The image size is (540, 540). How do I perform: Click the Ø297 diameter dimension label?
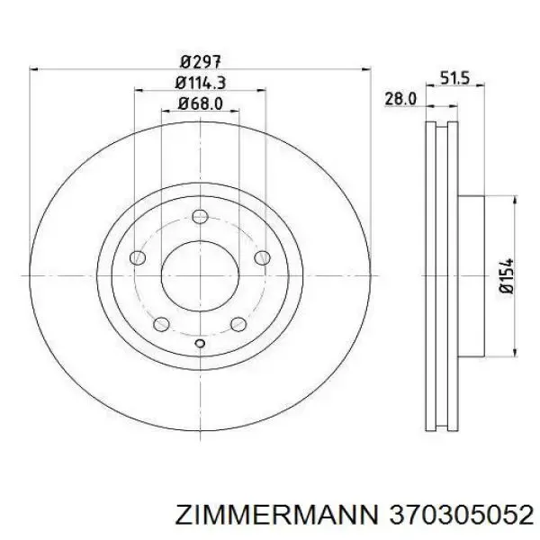[200, 62]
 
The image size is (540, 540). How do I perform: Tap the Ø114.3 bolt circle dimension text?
[200, 83]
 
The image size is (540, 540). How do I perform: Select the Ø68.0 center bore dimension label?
[200, 103]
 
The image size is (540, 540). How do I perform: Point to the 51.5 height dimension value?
[454, 78]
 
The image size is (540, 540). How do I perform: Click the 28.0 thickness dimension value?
[400, 99]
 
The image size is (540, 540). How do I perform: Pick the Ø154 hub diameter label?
[506, 275]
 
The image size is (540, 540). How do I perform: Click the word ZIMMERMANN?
[274, 515]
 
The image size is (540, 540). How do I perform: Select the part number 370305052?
[459, 515]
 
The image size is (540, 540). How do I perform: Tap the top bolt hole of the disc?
[200, 217]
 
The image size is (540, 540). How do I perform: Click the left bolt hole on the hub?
[138, 257]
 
